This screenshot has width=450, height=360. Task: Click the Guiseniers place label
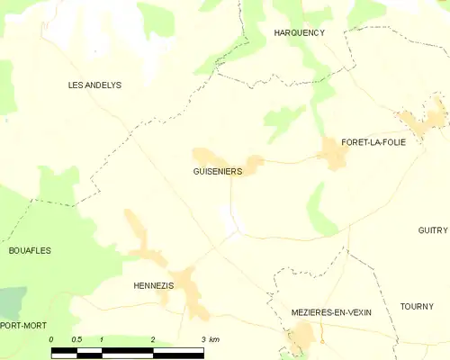[217, 171]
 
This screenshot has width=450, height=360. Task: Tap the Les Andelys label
[94, 85]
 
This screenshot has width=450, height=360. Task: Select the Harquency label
[299, 32]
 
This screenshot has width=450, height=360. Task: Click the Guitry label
[432, 230]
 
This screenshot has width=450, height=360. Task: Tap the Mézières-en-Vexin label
[331, 311]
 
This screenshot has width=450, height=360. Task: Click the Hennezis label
[153, 284]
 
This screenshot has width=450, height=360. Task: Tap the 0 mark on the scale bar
[51, 339]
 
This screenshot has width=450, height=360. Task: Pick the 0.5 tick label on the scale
[76, 339]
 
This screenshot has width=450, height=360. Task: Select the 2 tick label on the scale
[153, 339]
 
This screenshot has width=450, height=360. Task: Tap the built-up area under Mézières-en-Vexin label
[302, 338]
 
